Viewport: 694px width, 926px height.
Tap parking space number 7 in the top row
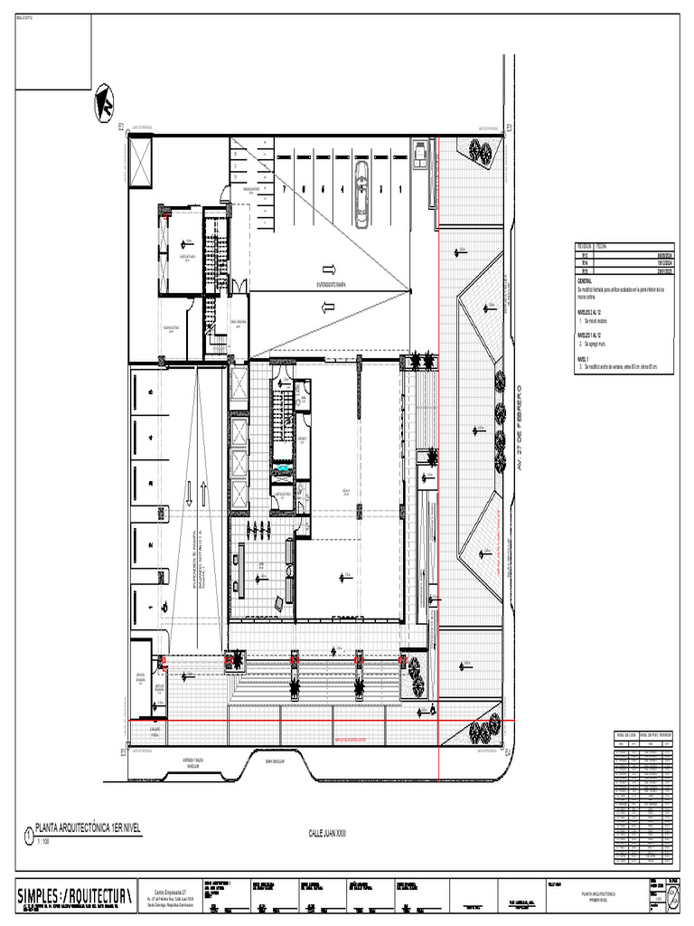(283, 190)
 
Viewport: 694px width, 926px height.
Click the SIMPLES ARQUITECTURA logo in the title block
(76, 895)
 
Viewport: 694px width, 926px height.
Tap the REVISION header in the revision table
(586, 247)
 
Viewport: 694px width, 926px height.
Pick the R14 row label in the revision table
(583, 262)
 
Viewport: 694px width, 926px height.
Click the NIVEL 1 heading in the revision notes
(583, 359)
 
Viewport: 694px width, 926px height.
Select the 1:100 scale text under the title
(45, 840)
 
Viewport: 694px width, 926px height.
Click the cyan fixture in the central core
(285, 468)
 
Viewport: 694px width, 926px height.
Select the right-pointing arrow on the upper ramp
(328, 269)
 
